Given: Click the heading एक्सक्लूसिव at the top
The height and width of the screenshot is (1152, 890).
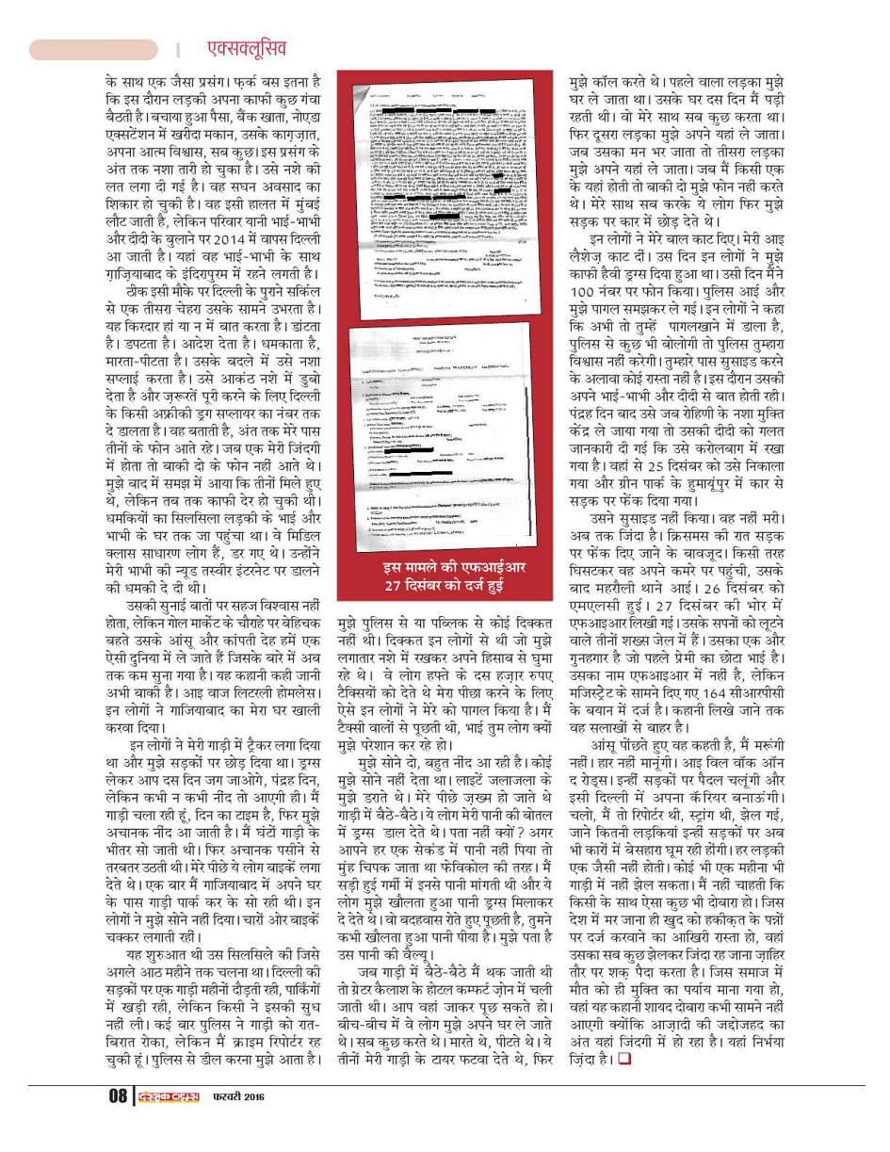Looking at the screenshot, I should pyautogui.click(x=246, y=48).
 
